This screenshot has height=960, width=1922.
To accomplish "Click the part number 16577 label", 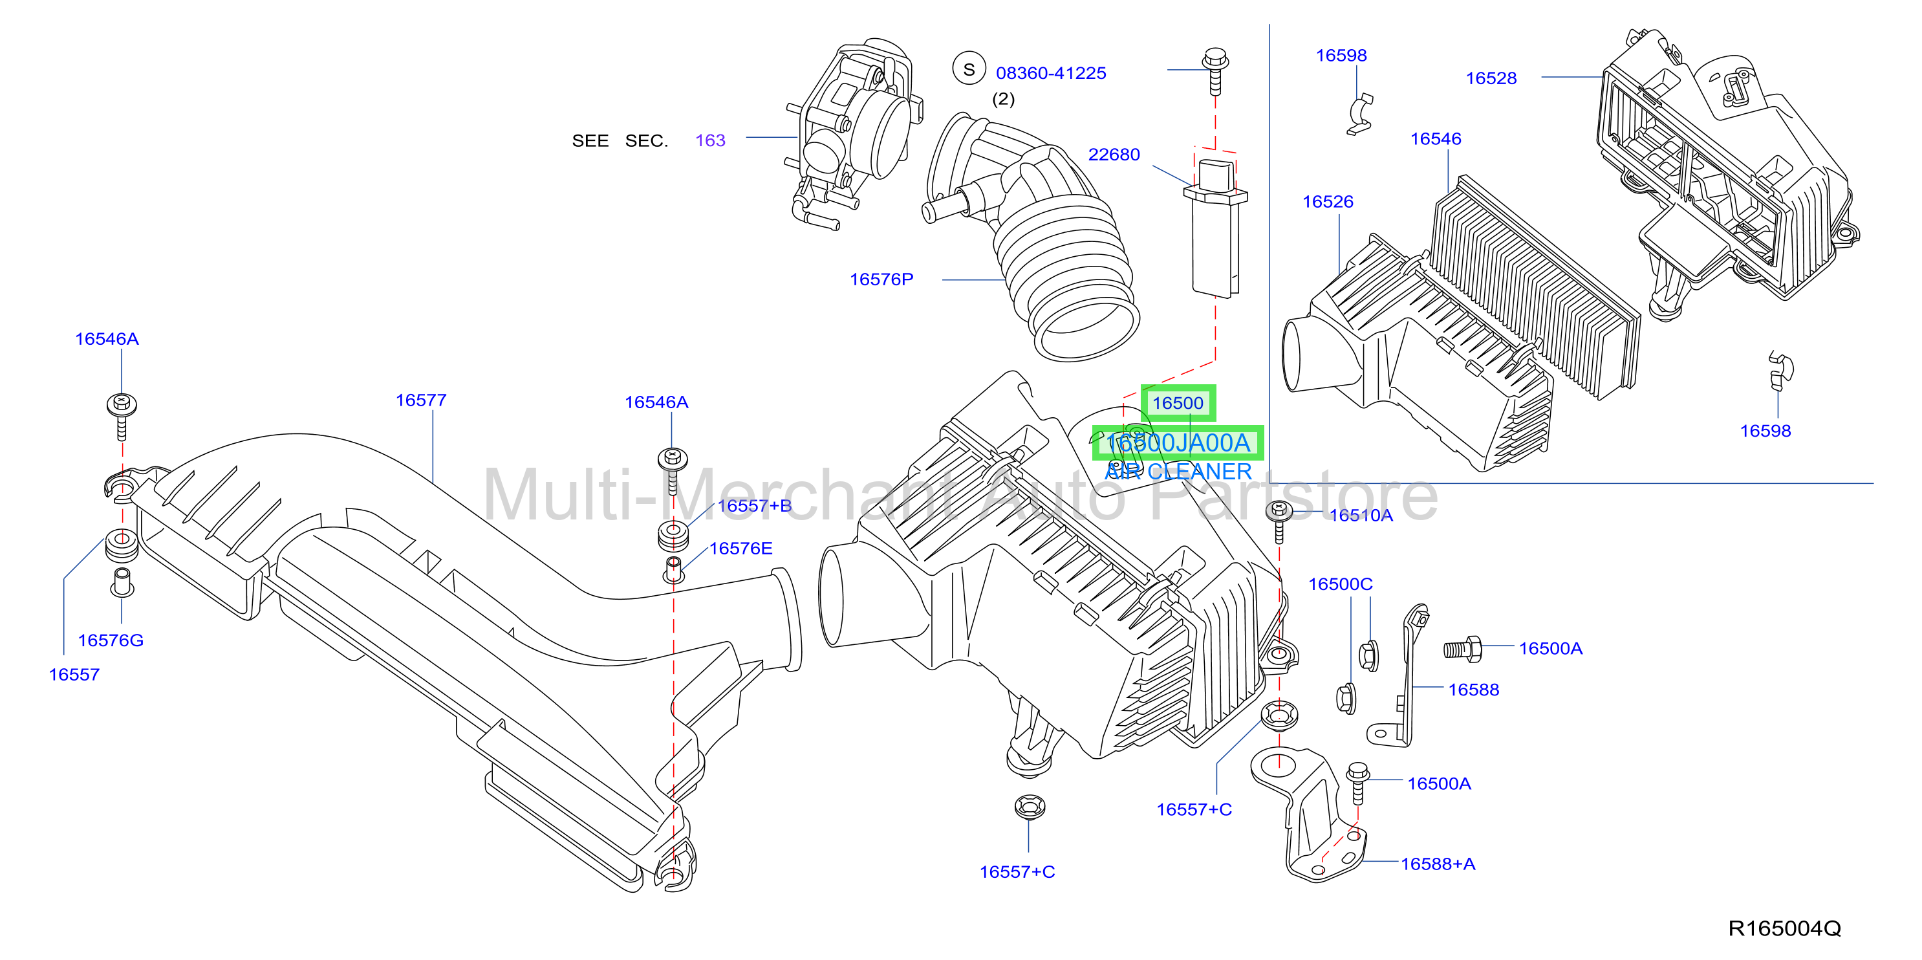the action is coord(421,401).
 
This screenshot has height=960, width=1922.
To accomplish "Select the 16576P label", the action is coord(881,279).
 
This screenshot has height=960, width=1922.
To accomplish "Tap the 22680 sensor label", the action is coord(1114,155).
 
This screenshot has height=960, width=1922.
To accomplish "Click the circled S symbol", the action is coord(969,69).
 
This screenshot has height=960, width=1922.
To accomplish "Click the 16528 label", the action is coord(1491,78).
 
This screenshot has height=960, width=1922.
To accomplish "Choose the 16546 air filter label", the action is coord(1436,139).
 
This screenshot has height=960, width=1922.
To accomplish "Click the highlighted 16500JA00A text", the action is coord(1178,443).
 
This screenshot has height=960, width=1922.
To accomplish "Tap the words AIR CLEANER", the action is coord(1178,472).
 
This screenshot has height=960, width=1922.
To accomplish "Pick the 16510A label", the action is coord(1361,515).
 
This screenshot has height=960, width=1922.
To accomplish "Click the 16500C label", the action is coord(1340,584).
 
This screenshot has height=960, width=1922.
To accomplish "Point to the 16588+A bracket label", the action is coord(1438,864).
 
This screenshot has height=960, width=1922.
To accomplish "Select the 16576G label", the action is coord(111,640).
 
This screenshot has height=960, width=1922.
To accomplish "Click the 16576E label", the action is coord(740,549).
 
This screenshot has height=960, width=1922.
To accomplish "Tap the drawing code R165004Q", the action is coord(1784,929).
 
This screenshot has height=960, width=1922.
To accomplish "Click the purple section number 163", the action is coord(710,140).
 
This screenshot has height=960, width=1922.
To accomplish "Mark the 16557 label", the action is coord(74,675).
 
